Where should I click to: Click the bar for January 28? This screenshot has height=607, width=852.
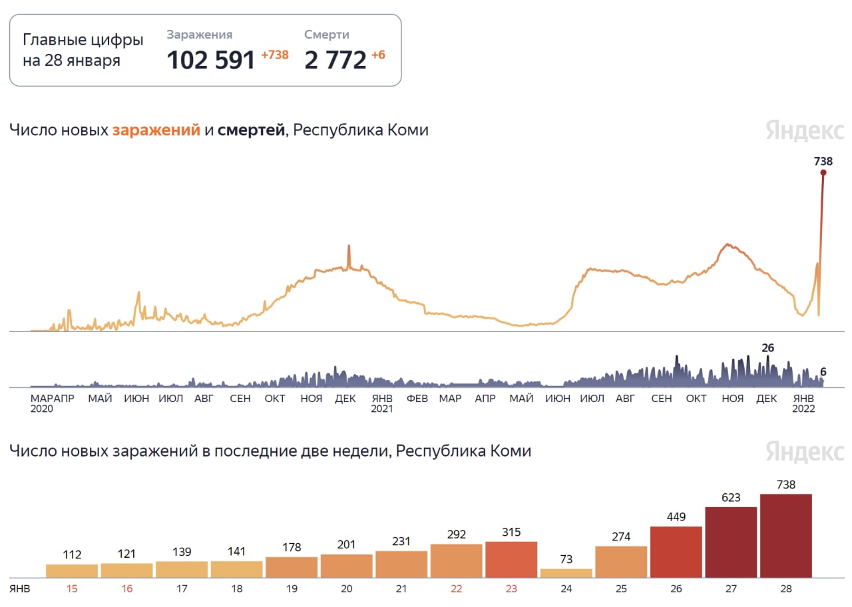tap(785, 536)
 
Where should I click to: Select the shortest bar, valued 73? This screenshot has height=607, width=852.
tap(566, 573)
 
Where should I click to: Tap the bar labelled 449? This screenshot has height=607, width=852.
tap(676, 552)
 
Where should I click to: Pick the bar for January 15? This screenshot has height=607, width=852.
tap(72, 570)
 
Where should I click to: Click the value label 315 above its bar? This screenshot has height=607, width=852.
tap(511, 532)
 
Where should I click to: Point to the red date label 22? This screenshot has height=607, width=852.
tap(457, 589)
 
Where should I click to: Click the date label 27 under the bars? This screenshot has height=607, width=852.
tap(730, 589)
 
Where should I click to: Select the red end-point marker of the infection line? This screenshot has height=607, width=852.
tap(823, 173)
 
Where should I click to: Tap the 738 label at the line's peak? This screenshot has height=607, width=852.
tap(823, 161)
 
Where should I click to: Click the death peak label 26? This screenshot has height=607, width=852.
tap(767, 348)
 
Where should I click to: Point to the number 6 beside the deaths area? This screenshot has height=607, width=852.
tap(823, 372)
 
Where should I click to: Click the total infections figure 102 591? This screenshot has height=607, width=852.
tap(211, 60)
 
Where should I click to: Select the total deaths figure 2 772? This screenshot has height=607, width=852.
tap(335, 60)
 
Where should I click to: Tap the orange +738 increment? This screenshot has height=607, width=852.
tap(275, 55)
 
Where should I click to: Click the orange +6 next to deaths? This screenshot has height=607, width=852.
tap(378, 55)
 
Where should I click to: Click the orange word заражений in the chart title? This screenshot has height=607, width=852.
tap(156, 130)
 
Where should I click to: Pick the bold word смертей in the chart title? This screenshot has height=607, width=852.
tap(250, 130)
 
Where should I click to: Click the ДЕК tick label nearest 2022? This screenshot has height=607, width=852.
tap(767, 399)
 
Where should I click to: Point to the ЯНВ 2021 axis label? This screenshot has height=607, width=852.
tap(382, 403)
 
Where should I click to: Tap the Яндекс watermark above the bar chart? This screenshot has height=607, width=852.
tap(804, 451)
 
